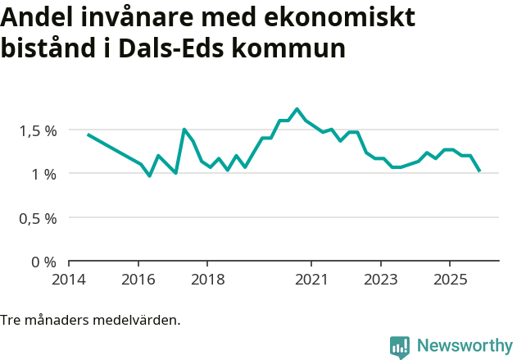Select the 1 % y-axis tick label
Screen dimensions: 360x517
[44, 174]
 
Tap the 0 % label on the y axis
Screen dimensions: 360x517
[44, 262]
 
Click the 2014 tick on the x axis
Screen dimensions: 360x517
[69, 279]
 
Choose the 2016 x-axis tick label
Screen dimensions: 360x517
[138, 279]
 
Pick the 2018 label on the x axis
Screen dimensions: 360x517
[207, 279]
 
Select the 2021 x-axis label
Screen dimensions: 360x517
[311, 279]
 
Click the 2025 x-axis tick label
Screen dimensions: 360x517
[450, 279]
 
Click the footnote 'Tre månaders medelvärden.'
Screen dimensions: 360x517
[90, 320]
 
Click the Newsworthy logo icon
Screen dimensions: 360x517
[400, 347]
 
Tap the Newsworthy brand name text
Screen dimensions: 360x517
[464, 346]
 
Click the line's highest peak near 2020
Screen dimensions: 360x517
[297, 109]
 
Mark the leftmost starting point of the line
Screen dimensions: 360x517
[88, 134]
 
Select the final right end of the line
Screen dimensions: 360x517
[480, 171]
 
